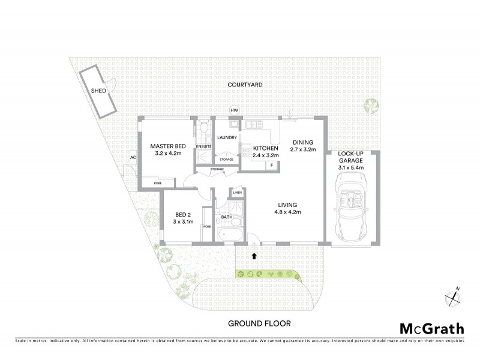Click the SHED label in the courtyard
pyautogui.click(x=98, y=91)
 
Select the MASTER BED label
pyautogui.click(x=167, y=146)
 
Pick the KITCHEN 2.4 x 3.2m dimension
pyautogui.click(x=265, y=155)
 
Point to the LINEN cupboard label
pyautogui.click(x=237, y=193)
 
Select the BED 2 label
pyautogui.click(x=183, y=214)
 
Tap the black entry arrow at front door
pyautogui.click(x=254, y=256)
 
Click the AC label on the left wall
pyautogui.click(x=133, y=158)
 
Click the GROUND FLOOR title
pyautogui.click(x=259, y=323)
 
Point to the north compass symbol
pyautogui.click(x=451, y=296)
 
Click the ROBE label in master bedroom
pyautogui.click(x=157, y=183)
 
